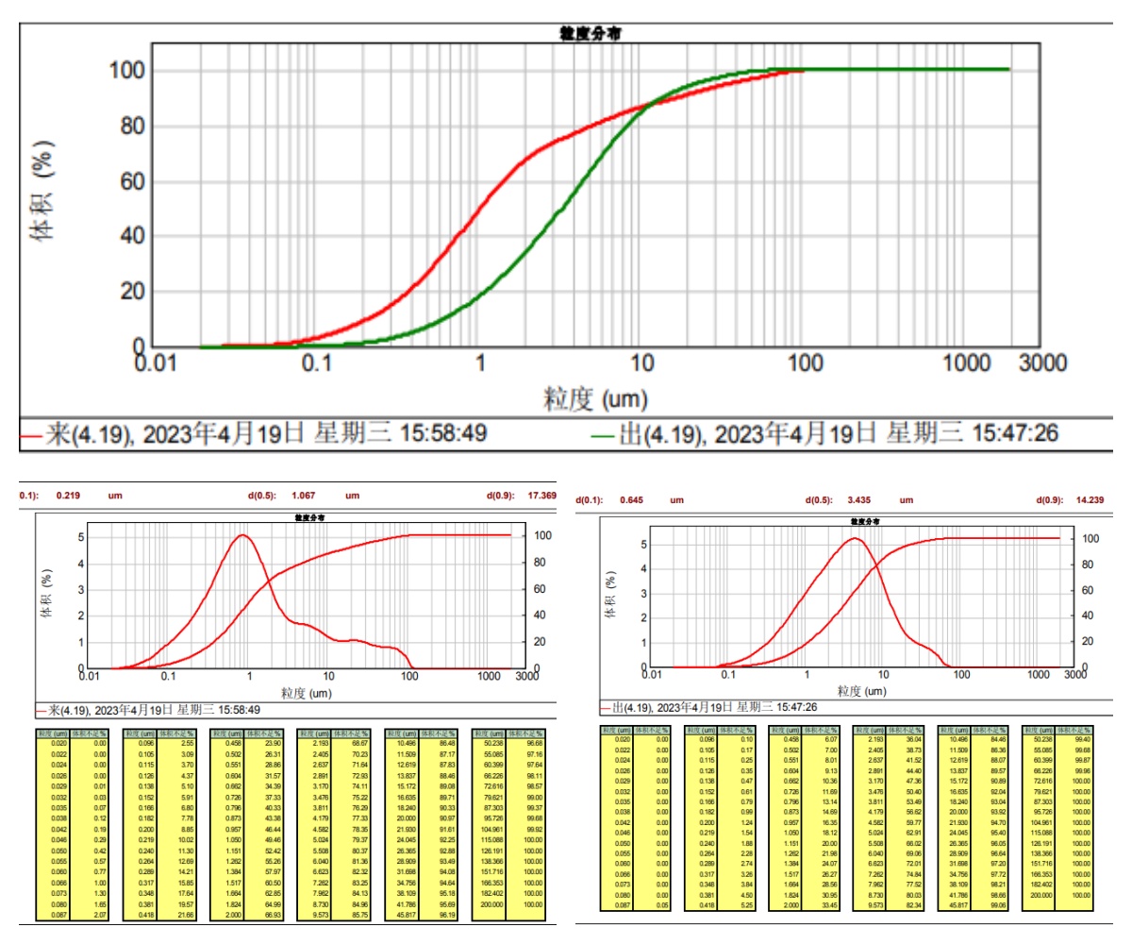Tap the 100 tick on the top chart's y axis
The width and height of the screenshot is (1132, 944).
[125, 71]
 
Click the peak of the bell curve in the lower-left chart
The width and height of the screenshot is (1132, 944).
[243, 535]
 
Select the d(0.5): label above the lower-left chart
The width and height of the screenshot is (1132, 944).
[264, 495]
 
